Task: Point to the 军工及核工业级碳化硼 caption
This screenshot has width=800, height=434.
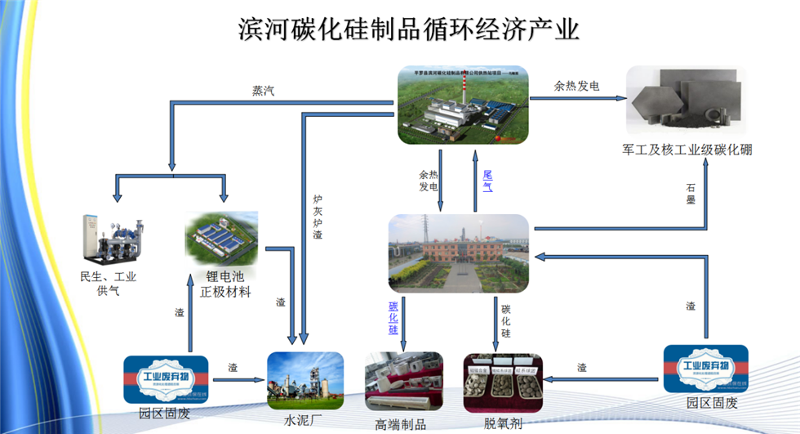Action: [687, 150]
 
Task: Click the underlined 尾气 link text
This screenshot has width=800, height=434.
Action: [487, 181]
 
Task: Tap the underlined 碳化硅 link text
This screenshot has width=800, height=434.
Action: [393, 317]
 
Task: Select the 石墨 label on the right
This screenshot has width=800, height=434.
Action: [691, 193]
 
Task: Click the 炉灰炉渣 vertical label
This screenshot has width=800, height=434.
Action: [318, 217]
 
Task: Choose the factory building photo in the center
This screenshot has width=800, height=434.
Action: [458, 253]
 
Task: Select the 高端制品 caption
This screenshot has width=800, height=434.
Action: [400, 423]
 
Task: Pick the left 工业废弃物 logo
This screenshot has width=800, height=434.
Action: [166, 379]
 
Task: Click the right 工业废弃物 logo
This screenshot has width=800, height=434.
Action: [705, 369]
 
